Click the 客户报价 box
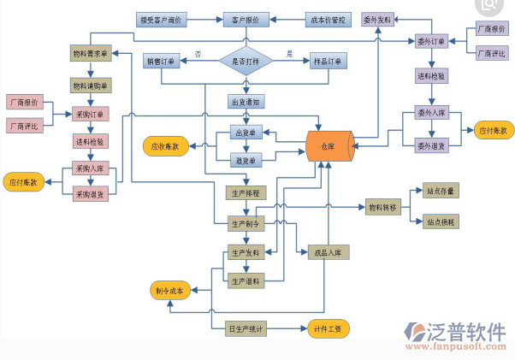pos(246,18)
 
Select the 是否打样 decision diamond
pos(246,62)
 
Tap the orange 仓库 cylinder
pos(329,146)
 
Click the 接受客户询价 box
pos(163,18)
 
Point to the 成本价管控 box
pos(329,18)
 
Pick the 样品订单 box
pos(328,62)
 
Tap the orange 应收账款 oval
pos(165,146)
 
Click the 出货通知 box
pos(246,101)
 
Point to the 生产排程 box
pos(246,192)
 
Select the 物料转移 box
pos(382,207)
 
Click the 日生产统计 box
pos(246,328)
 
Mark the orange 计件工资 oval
pos(329,328)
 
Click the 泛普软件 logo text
pos(461,329)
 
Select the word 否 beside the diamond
pos(198,54)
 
